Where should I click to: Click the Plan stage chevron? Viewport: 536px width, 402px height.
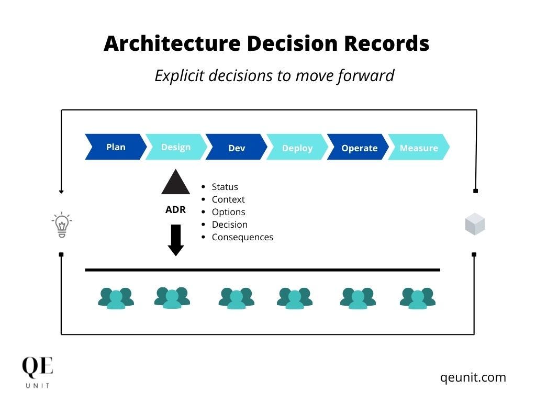116,147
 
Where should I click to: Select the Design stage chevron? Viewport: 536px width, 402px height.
176,147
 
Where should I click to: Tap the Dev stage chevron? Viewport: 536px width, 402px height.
237,148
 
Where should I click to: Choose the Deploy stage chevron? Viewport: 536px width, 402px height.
297,148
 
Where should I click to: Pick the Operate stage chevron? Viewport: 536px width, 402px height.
359,148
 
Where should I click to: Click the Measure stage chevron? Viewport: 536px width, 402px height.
419,148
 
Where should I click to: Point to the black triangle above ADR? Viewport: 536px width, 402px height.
175,182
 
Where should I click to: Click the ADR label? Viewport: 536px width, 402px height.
175,210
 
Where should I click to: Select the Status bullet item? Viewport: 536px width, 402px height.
225,187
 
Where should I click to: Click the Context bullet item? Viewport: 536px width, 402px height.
228,199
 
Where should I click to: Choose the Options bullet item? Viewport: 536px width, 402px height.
228,212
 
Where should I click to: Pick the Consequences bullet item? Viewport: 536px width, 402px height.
242,237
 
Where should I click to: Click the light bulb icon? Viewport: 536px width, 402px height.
62,225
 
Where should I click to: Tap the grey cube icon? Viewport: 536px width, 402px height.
475,225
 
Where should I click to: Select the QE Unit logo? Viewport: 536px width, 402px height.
37,372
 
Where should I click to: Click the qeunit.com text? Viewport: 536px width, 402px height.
473,377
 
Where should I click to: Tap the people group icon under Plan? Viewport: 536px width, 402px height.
116,298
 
